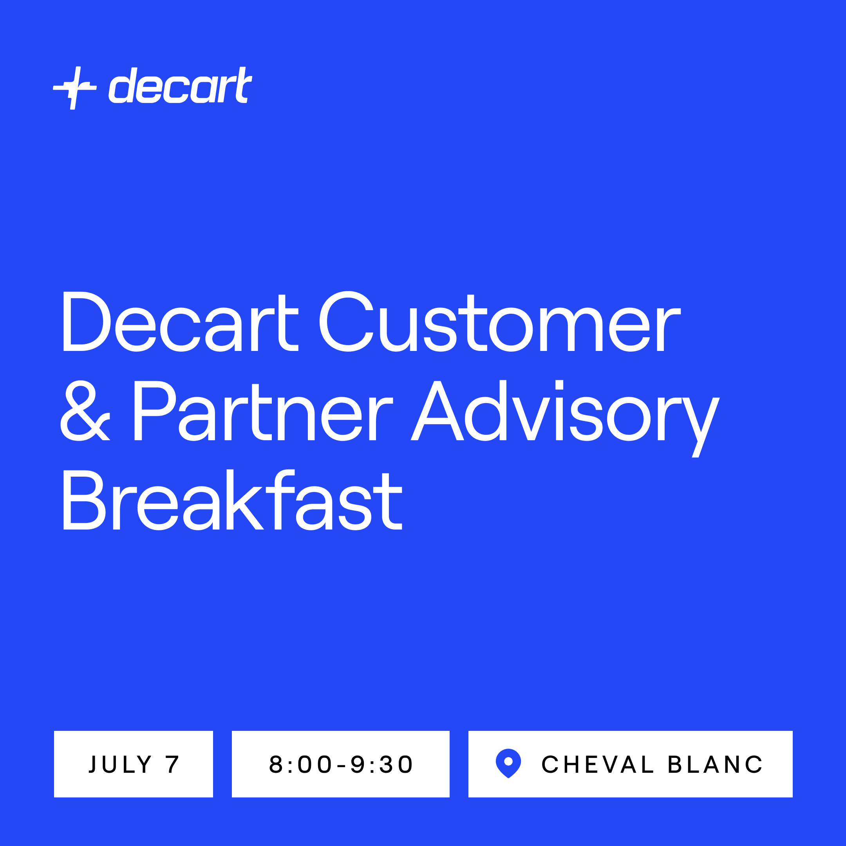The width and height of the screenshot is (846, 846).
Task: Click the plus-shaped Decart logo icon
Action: click(x=75, y=88)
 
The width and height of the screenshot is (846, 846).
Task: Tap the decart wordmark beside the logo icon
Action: click(x=180, y=85)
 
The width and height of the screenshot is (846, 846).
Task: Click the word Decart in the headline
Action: click(x=181, y=322)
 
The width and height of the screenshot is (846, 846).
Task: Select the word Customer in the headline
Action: click(x=500, y=322)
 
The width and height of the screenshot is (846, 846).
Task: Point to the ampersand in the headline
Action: click(x=85, y=410)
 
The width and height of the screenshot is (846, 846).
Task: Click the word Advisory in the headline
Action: click(x=565, y=418)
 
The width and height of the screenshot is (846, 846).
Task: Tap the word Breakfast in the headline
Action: click(x=233, y=500)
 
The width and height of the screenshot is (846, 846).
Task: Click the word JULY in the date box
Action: click(x=120, y=765)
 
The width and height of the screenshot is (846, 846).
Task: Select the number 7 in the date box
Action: click(x=172, y=765)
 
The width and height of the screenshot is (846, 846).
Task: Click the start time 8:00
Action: click(x=300, y=765)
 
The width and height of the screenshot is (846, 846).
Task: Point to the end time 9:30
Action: click(x=381, y=765)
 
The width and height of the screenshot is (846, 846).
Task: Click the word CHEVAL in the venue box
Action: click(x=598, y=765)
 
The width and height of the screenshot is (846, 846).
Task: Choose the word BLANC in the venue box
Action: click(x=715, y=765)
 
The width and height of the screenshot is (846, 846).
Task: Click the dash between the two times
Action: click(x=341, y=765)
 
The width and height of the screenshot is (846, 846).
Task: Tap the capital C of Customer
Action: click(x=346, y=322)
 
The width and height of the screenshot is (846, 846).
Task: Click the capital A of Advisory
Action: click(x=437, y=410)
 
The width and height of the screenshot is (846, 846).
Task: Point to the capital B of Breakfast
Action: click(x=85, y=500)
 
